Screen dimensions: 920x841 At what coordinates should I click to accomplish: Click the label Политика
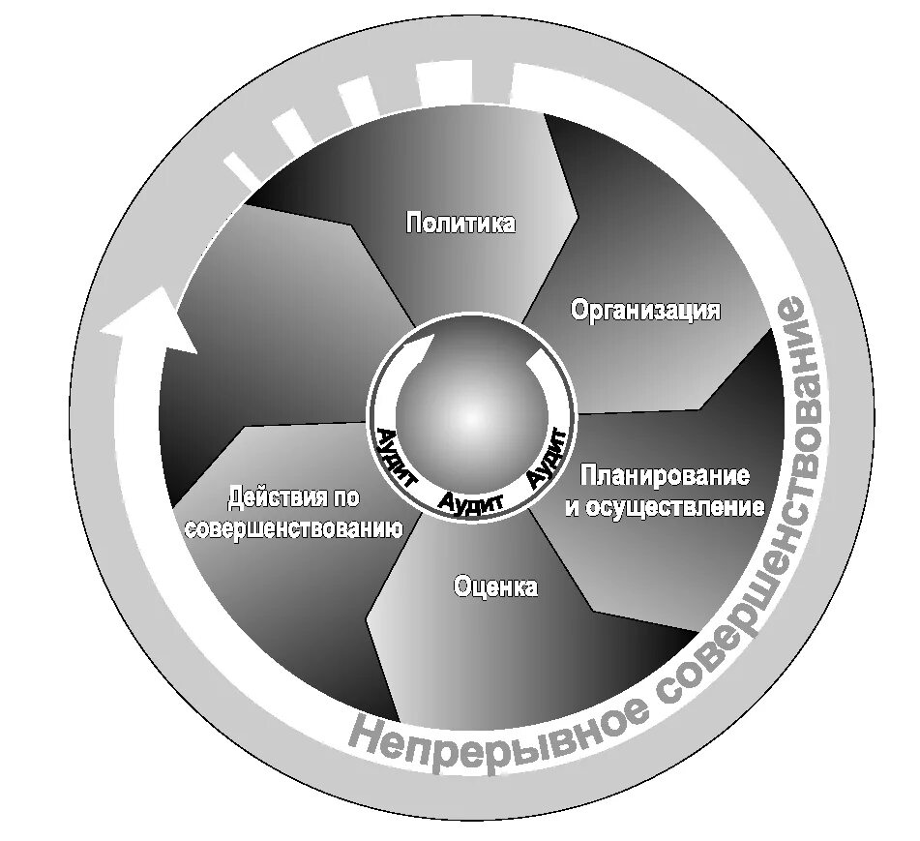point(460,224)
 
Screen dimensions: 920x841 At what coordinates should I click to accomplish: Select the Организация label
point(645,310)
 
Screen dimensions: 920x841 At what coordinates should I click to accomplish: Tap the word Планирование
point(666,476)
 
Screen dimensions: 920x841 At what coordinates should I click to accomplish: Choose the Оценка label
point(494,586)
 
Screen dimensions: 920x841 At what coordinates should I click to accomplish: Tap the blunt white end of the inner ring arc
point(535,360)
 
